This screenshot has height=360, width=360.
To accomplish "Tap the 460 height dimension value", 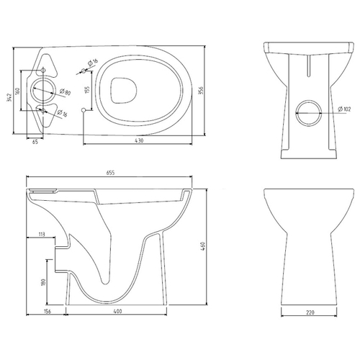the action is click(x=204, y=246).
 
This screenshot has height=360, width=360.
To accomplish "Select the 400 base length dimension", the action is click(x=117, y=312).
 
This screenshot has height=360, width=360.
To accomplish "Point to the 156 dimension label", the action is click(x=48, y=312).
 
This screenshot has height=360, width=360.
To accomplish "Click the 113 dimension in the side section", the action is click(x=42, y=234).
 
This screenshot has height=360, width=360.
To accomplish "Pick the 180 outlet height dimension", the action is click(x=43, y=282).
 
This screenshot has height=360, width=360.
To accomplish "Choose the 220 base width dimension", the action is click(x=310, y=312).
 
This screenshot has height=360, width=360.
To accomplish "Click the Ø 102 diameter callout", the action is click(x=344, y=109).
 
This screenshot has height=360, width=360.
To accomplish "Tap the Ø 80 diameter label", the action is click(x=65, y=92).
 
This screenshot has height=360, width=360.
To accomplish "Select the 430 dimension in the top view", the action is click(x=139, y=141).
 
